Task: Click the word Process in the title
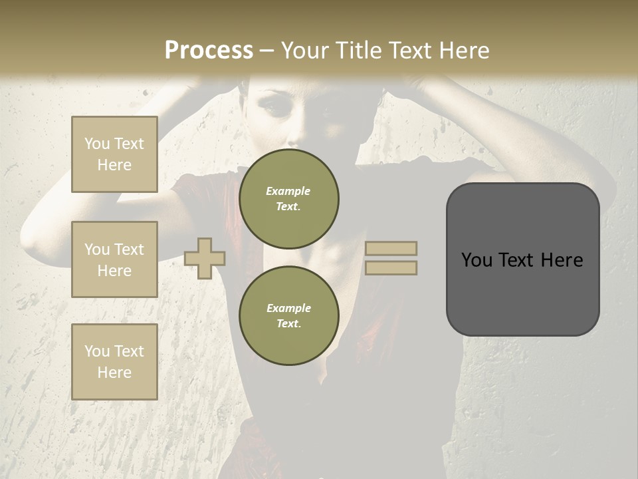point(209,51)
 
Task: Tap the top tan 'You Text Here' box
point(114,154)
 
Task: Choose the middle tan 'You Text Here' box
point(114,259)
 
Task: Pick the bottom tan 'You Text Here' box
point(114,362)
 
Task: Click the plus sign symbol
point(205,258)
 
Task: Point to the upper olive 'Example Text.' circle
point(288,199)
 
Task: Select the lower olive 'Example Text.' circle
point(288,316)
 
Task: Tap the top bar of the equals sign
point(391,249)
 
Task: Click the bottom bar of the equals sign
point(391,267)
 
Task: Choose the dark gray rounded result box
point(522,259)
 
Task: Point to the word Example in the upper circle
point(288,191)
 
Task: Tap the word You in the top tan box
point(97,144)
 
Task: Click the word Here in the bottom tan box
point(114,373)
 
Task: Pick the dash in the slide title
point(266,51)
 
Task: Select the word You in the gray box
point(477,260)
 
